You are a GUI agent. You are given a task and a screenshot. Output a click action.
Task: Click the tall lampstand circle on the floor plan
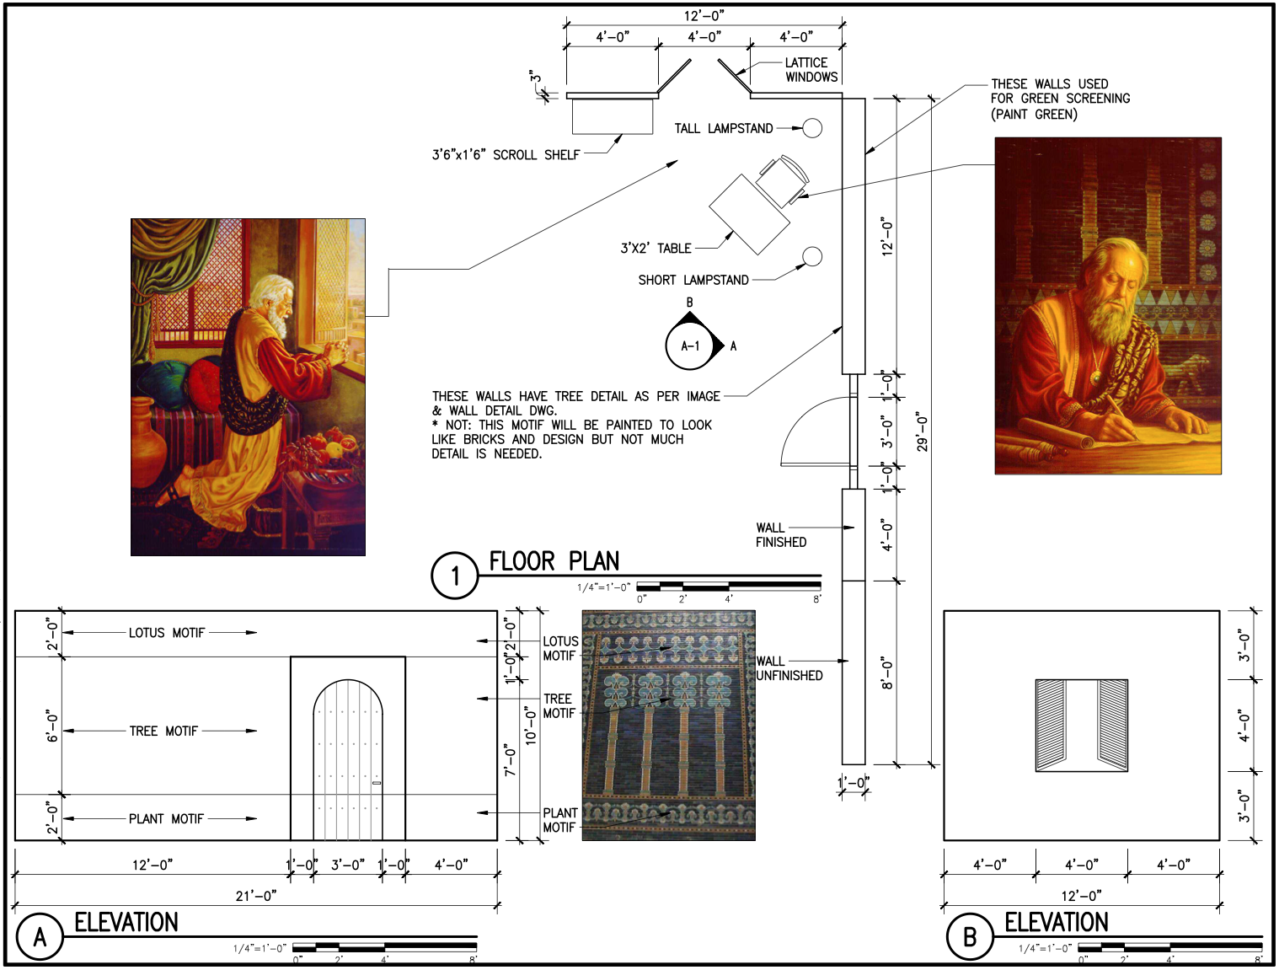tap(812, 127)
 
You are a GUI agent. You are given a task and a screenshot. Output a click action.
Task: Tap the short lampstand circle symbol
tap(812, 256)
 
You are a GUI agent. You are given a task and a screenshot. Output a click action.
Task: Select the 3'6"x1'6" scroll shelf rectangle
tap(612, 116)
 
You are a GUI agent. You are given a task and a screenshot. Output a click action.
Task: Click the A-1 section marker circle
tap(691, 346)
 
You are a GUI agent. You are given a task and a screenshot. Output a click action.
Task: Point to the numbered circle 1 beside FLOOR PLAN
tap(454, 576)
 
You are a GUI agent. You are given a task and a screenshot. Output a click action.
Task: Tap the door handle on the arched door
tap(377, 783)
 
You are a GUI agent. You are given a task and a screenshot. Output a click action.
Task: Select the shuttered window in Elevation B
tap(1082, 726)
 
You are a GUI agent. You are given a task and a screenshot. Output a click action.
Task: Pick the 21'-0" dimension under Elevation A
tap(256, 896)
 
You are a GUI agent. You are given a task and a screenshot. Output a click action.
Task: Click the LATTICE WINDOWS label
tap(811, 69)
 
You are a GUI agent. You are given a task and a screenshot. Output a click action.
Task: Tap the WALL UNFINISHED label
tap(789, 668)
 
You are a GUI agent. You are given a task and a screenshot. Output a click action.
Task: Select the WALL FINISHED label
tap(781, 535)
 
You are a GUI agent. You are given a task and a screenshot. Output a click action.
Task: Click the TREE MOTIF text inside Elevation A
tap(163, 731)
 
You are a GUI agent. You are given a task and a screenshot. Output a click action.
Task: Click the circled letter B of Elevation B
tap(970, 937)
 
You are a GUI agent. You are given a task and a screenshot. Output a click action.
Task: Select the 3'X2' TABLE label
tap(656, 248)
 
